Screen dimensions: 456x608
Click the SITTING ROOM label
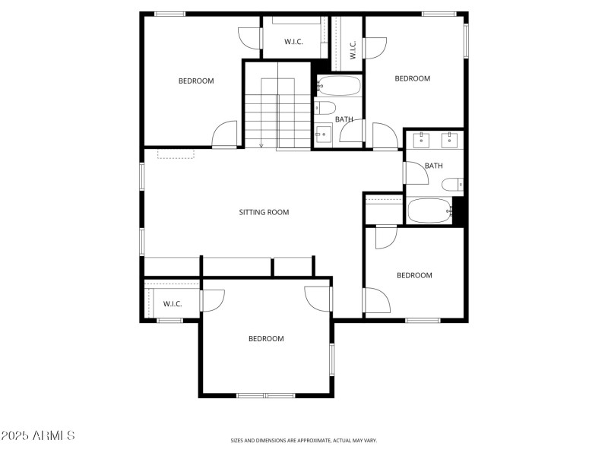tap(264, 213)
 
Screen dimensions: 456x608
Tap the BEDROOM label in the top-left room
tap(196, 81)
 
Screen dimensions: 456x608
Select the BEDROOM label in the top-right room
tap(412, 78)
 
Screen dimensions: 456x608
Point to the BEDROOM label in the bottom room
tap(266, 339)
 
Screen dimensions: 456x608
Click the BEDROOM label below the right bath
tap(414, 275)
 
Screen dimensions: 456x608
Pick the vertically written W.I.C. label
tap(353, 51)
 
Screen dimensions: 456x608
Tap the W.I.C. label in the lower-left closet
tap(173, 304)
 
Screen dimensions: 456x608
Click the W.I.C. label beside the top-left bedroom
tap(294, 42)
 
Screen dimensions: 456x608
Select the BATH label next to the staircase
tap(344, 119)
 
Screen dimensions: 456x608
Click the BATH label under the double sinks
tap(433, 166)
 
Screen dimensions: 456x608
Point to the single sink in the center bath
tap(323, 136)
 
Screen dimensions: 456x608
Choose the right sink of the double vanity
tap(449, 139)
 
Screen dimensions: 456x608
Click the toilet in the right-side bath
tap(452, 184)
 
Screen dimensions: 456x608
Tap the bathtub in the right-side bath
tap(430, 211)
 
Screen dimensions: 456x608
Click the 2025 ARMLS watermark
tap(38, 436)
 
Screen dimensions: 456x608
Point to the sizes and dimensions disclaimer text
tap(304, 440)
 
